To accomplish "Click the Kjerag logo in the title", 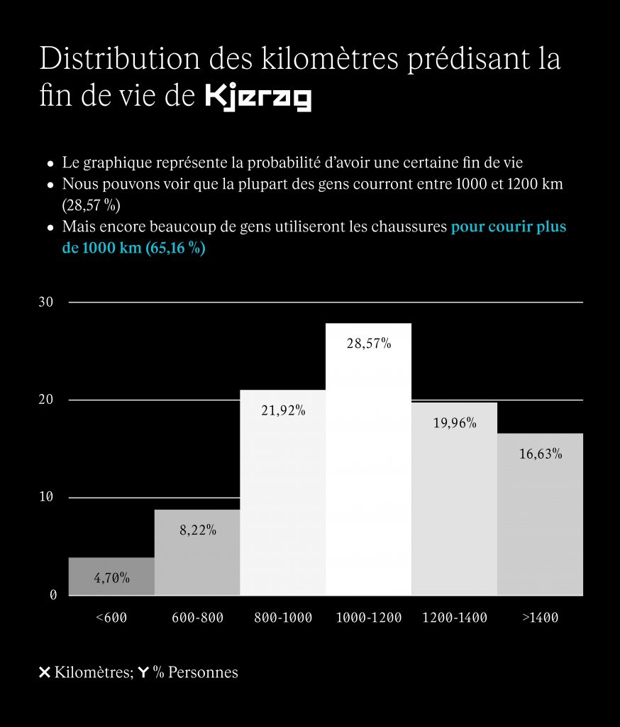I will click(x=258, y=98).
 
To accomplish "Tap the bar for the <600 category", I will click(x=111, y=576).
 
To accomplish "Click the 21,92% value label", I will click(x=283, y=410).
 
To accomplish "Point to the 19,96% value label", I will click(x=454, y=423).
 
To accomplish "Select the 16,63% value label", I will click(x=541, y=454).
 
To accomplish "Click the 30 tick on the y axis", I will click(x=46, y=302).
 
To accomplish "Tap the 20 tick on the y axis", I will click(x=46, y=400).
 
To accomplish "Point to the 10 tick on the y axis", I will click(x=46, y=497).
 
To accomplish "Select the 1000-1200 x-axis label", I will click(x=368, y=618).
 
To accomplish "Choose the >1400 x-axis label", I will click(x=541, y=618).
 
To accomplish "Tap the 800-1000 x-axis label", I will click(x=283, y=618).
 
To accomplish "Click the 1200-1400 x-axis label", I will click(x=454, y=618).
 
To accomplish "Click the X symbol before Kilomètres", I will click(x=44, y=672).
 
